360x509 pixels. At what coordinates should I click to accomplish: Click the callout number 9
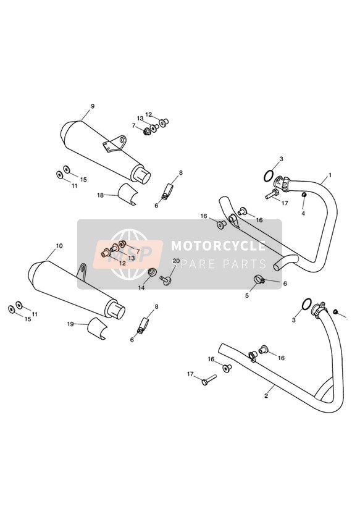click(93, 106)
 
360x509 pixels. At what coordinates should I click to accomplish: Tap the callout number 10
click(59, 246)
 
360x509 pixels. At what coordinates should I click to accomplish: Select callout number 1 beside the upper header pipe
click(330, 175)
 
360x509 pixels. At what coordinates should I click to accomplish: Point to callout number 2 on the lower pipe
click(266, 396)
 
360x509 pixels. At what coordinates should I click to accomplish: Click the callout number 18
click(100, 195)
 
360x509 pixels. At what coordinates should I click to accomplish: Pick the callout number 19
click(70, 324)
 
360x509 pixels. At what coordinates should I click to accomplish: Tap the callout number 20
click(176, 261)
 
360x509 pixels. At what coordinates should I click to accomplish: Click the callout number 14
click(141, 288)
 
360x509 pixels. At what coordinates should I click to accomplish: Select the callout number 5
click(247, 296)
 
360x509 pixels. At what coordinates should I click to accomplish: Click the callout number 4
click(303, 214)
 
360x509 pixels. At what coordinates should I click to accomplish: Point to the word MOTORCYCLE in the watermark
click(218, 246)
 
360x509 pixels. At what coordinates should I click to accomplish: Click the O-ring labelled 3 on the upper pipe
click(268, 177)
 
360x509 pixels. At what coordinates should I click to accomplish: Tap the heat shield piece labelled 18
click(128, 194)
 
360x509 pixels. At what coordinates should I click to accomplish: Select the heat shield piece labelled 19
click(96, 329)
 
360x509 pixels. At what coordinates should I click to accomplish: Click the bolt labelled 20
click(165, 280)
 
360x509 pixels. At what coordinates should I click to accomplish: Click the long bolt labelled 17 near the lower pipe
click(209, 379)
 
